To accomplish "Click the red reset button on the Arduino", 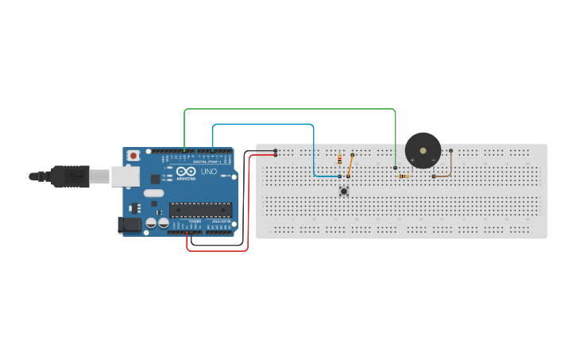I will point(133,154).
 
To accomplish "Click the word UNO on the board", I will point(208,172).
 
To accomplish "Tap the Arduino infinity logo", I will point(186,172).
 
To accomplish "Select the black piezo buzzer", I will point(423,150).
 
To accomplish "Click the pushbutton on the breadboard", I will point(344,191).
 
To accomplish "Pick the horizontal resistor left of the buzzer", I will point(404,176).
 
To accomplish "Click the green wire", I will point(290,109).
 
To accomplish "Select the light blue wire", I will point(262,125).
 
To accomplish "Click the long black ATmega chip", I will point(200,210).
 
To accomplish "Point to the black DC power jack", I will point(130,225).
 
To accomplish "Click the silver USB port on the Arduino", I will point(126,176).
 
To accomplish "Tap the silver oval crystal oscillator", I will point(154,193).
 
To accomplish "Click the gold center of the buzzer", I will point(423,149).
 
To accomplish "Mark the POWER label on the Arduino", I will point(195,222).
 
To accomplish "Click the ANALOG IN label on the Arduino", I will point(219,222).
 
